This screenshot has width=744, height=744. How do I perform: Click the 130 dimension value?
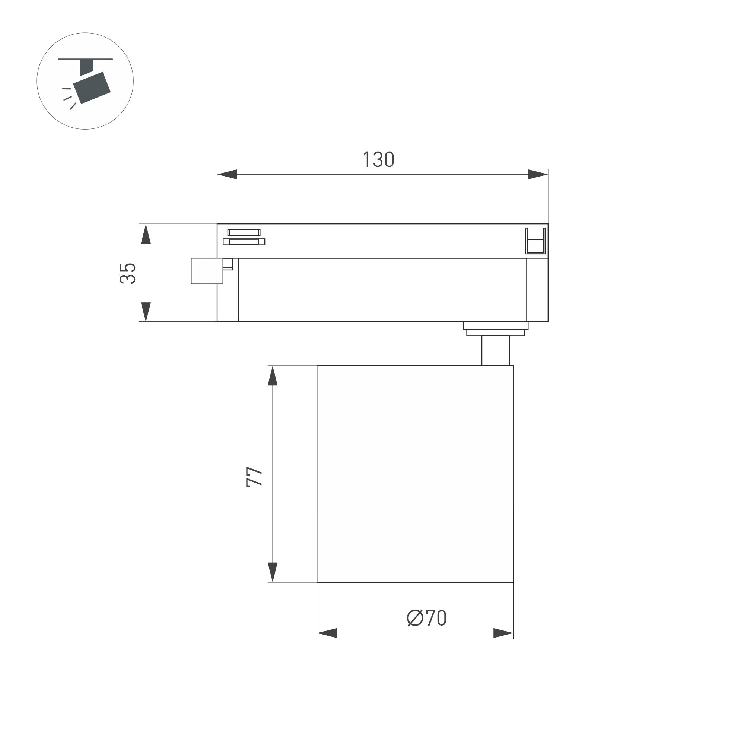379,159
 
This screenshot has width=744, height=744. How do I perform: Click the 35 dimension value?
128,273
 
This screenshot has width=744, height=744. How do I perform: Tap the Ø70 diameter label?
426,618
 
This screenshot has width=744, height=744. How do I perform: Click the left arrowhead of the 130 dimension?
227,174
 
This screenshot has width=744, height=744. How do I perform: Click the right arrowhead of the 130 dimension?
538,174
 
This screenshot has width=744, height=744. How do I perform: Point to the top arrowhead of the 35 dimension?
146,234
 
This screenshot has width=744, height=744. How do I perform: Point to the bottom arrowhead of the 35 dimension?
146,312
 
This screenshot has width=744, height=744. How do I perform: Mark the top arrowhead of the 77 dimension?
273,375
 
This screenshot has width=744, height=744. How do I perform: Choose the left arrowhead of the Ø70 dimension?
327,633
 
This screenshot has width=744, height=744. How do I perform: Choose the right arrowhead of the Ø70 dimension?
503,633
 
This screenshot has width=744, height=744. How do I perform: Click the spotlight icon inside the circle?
92,87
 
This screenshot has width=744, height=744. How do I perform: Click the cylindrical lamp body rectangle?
415,474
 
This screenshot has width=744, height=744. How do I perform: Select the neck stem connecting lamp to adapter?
495,350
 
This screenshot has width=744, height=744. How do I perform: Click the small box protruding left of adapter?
206,271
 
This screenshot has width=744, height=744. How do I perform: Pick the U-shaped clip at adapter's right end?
535,242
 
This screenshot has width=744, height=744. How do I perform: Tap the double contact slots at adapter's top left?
244,237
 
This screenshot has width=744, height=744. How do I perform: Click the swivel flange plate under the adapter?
495,329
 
